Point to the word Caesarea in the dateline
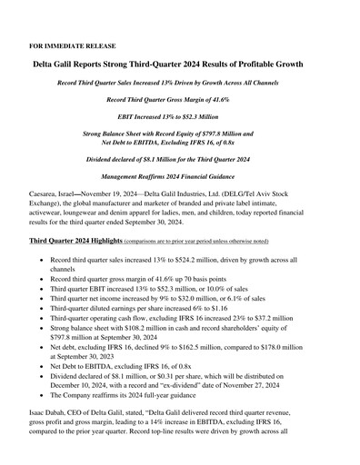50,194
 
